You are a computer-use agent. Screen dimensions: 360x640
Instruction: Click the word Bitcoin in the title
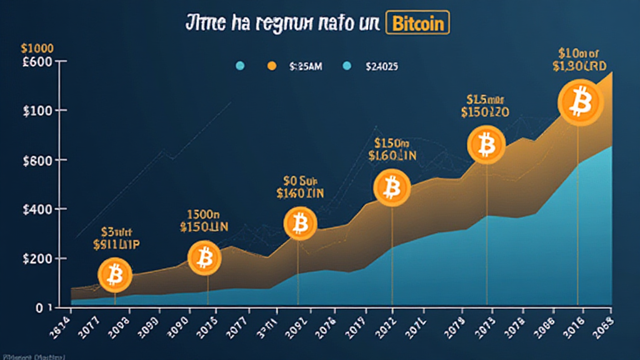point(419,23)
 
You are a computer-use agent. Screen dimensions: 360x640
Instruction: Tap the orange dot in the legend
point(271,65)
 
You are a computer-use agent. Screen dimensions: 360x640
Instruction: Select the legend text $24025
point(381,65)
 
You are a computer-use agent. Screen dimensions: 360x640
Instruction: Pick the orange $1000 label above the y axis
point(36,48)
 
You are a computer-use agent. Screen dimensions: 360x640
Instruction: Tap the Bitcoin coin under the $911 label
point(115,274)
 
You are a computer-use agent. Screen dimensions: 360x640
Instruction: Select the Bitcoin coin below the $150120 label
point(485,145)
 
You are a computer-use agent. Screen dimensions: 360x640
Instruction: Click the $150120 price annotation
point(485,112)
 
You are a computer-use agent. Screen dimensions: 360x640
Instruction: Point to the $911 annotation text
point(117,244)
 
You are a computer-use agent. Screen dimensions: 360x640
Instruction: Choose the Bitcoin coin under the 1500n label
point(204,256)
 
